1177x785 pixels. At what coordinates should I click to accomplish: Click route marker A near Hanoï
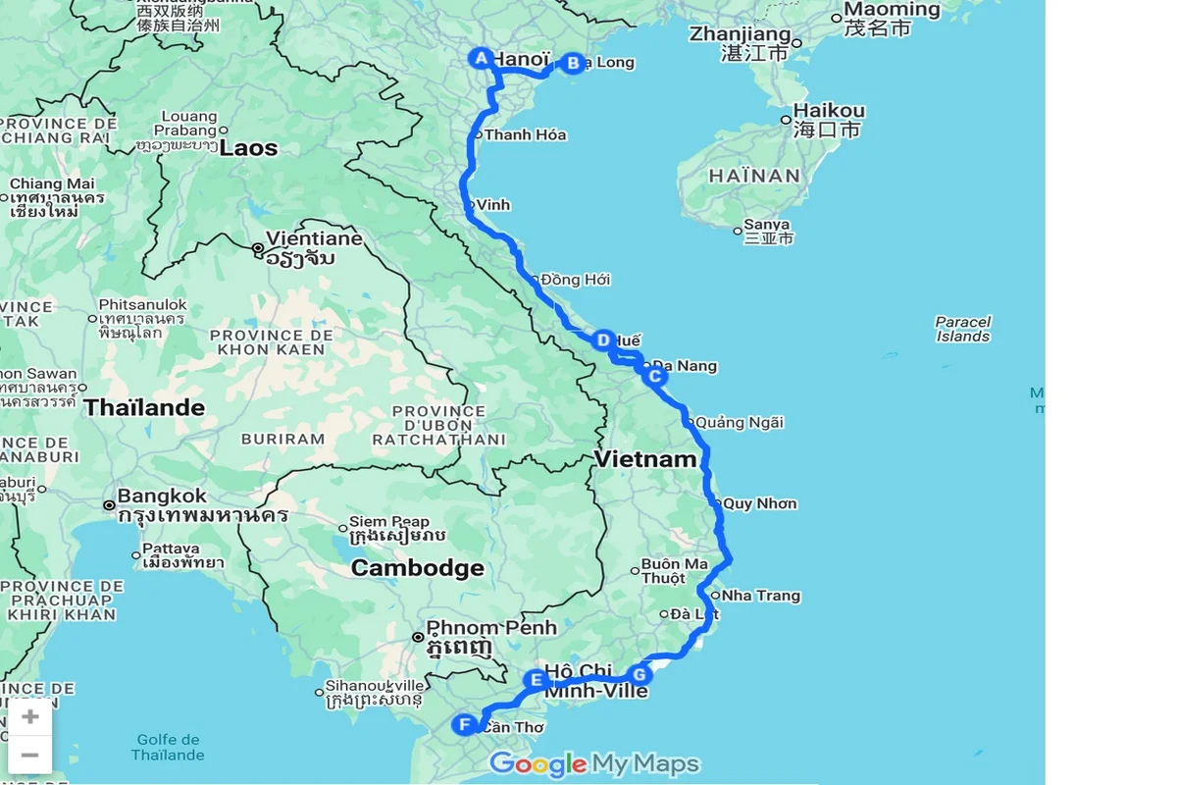point(481,58)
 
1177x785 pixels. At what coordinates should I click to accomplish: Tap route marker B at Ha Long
point(573,63)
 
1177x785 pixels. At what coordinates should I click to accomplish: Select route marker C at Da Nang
point(653,375)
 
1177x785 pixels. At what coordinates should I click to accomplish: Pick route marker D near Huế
point(603,340)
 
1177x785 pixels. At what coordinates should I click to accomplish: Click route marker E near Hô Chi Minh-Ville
point(536,679)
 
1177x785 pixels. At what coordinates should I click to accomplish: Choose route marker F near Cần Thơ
point(465,725)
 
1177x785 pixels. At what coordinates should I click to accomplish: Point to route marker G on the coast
point(639,674)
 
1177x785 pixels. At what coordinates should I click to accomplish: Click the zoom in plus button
point(29,716)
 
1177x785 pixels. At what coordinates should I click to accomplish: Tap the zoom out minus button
point(29,755)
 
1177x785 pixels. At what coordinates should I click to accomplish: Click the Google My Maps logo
point(594,763)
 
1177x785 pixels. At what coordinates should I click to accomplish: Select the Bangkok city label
point(162,496)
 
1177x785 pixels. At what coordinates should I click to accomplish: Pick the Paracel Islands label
point(963,329)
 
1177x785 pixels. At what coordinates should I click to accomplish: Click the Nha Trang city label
point(761,596)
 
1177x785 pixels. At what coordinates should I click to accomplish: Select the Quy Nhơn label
point(760,504)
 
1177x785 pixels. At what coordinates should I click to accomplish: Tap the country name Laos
point(248,148)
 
